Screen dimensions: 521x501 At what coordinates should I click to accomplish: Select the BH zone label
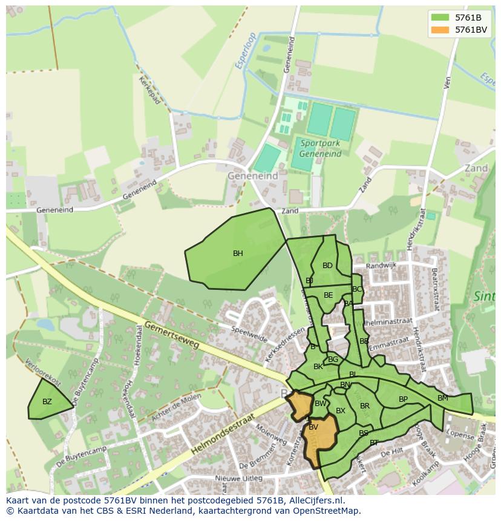238,254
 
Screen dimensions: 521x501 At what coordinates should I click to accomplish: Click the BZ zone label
47,402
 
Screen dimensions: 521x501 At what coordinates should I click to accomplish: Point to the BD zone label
327,266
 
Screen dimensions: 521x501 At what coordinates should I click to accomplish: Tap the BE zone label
328,295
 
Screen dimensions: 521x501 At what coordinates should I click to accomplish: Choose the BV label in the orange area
313,427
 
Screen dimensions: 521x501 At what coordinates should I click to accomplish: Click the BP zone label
403,399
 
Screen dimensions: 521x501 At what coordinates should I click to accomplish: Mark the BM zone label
442,398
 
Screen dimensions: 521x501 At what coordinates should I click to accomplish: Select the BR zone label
364,406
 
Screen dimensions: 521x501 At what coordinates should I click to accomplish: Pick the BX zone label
340,411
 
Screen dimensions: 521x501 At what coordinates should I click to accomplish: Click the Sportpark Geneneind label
320,148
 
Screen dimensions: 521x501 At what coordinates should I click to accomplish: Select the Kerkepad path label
149,90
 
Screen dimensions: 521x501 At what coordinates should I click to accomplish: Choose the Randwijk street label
381,266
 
